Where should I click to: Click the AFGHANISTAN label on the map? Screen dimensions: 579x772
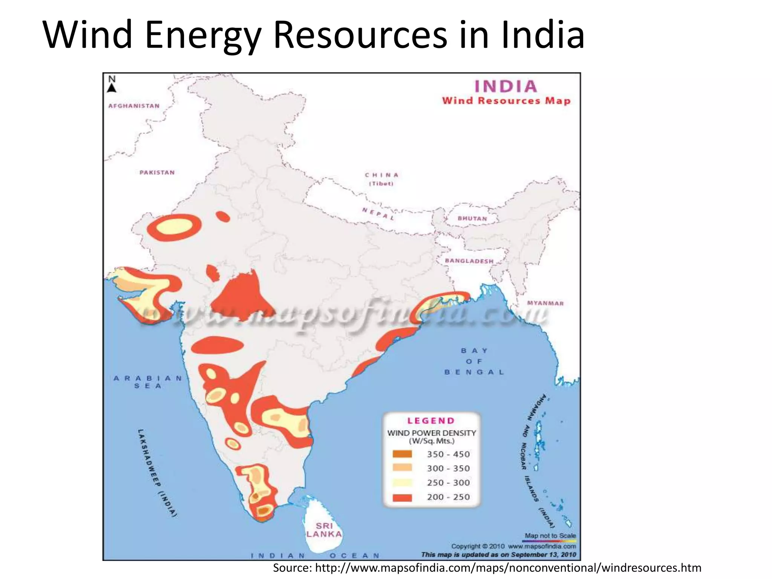tap(134, 106)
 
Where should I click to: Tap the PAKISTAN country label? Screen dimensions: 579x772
tap(157, 173)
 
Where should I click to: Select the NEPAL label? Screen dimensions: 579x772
tap(378, 214)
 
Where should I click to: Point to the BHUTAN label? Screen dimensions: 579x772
tap(472, 219)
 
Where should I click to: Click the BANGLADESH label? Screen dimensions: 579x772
tap(469, 261)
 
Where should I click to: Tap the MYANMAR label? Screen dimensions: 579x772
tap(545, 303)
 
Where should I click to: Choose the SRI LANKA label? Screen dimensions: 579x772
tap(324, 530)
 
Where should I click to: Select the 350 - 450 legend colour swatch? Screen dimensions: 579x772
tap(402, 454)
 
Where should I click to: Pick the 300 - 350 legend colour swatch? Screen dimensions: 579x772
tap(402, 468)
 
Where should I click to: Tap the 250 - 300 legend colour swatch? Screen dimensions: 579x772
tap(402, 482)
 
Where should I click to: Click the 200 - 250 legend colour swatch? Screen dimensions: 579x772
tap(402, 497)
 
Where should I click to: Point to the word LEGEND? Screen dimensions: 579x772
tap(431, 421)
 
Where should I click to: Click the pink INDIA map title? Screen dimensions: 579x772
tap(505, 86)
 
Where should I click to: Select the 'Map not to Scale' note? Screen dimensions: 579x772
tap(550, 536)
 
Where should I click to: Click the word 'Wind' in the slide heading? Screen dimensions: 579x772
tap(87, 35)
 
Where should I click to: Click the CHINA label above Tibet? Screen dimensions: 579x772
tap(381, 175)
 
